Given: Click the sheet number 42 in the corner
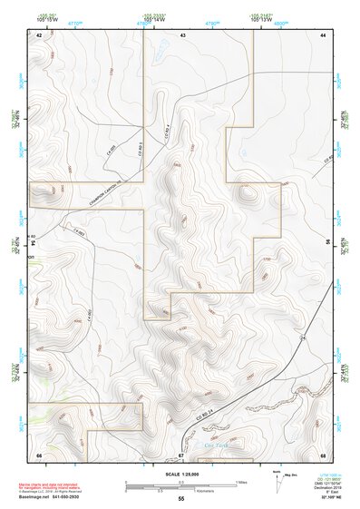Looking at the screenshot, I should point(39,34).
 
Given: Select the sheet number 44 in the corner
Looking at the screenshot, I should point(323,34).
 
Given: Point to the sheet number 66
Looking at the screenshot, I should point(39,454).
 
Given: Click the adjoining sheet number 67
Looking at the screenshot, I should point(181,454).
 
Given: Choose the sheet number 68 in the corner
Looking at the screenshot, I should point(323,454).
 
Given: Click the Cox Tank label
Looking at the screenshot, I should point(215,445).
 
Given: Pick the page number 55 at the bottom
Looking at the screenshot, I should point(180,500).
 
